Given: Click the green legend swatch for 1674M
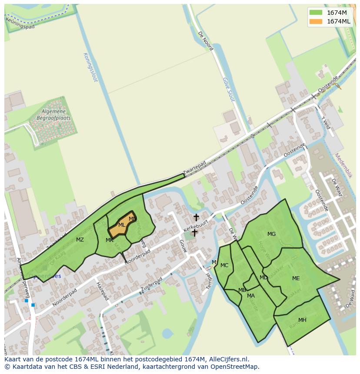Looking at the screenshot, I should (x=316, y=12).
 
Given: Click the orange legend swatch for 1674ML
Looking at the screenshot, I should (x=316, y=21).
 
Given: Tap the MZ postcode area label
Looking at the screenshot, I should (x=80, y=240).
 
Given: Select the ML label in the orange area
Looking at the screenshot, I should (x=122, y=225).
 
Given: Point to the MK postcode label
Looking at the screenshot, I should (x=109, y=240).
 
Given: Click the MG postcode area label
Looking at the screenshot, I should (x=271, y=234).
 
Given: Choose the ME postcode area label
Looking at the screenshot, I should (x=296, y=278).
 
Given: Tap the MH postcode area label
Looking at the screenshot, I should (x=302, y=320).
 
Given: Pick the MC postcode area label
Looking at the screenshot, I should (x=224, y=265).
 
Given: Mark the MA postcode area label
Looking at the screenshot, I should (x=251, y=296).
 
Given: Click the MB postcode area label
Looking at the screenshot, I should (x=242, y=290).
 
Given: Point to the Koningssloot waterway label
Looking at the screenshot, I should (x=90, y=67).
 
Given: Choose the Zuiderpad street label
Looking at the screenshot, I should (x=152, y=285).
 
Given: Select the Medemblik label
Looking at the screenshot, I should (x=344, y=165).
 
